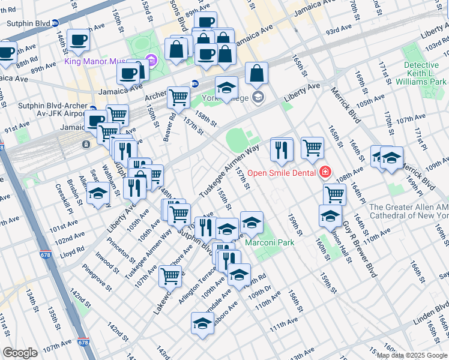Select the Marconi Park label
pyautogui.click(x=270, y=242)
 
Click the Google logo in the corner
pyautogui.click(x=20, y=352)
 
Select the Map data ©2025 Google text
pyautogui.click(x=412, y=355)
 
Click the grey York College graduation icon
pyautogui.click(x=258, y=97)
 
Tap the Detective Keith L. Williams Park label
pyautogui.click(x=425, y=73)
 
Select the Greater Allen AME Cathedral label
pyautogui.click(x=408, y=211)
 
